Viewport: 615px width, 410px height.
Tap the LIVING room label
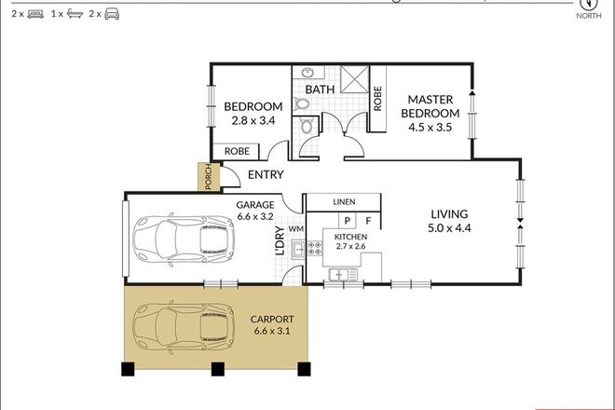448,212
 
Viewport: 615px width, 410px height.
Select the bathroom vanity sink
307,74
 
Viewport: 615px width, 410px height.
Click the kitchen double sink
342,274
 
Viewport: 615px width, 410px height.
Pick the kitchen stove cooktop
299,248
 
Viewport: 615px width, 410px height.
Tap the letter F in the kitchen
368,221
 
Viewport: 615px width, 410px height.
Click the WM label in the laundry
295,228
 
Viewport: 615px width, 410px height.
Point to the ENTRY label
266,174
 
